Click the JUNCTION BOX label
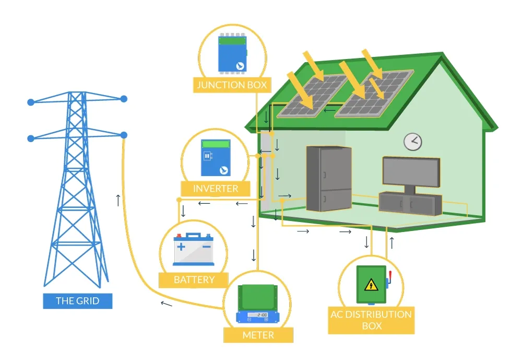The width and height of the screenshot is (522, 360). pyautogui.click(x=231, y=85)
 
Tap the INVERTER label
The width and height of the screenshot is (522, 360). pyautogui.click(x=216, y=189)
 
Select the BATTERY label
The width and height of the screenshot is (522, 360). pyautogui.click(x=194, y=280)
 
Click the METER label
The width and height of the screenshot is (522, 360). pyautogui.click(x=258, y=335)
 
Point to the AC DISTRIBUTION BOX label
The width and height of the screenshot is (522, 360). pyautogui.click(x=371, y=320)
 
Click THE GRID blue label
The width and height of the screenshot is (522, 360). pyautogui.click(x=77, y=301)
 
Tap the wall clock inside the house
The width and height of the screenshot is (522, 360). pyautogui.click(x=413, y=141)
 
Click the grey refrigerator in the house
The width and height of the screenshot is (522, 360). pyautogui.click(x=328, y=179)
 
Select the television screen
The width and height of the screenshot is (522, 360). pyautogui.click(x=411, y=171)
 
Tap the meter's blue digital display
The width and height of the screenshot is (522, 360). pyautogui.click(x=258, y=316)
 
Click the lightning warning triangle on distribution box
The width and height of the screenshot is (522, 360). pyautogui.click(x=371, y=285)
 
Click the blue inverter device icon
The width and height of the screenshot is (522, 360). pyautogui.click(x=216, y=158)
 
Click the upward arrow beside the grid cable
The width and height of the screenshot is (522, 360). pyautogui.click(x=118, y=200)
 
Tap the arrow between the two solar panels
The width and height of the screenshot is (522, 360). pyautogui.click(x=329, y=110)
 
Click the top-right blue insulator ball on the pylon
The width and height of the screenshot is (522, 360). pyautogui.click(x=124, y=98)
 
